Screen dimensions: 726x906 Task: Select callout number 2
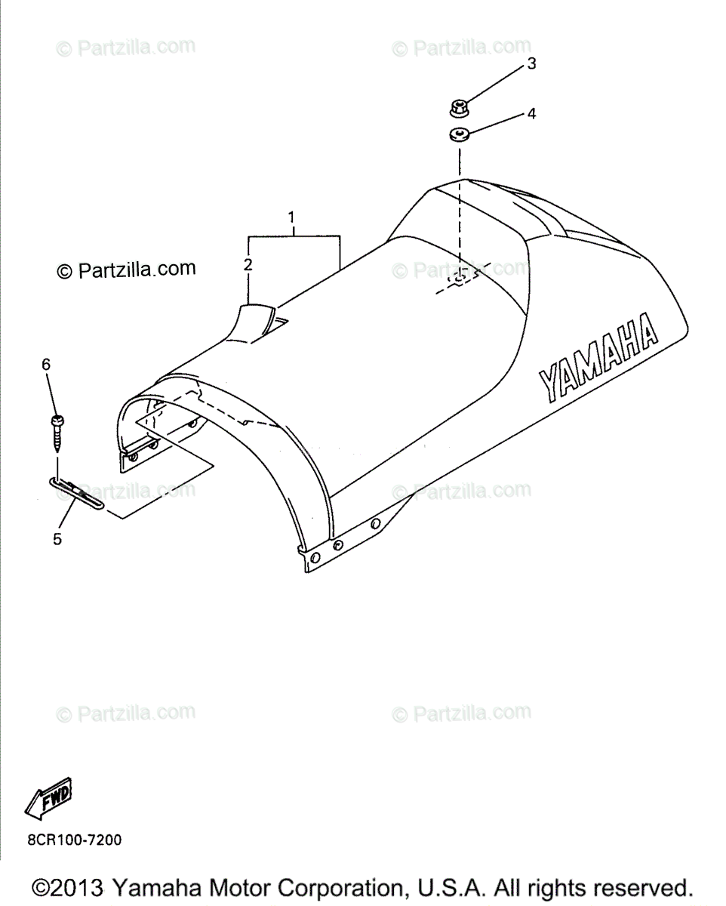point(248,264)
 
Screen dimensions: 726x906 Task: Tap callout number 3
point(531,63)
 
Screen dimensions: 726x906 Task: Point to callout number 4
point(531,114)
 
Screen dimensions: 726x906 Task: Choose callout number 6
point(46,364)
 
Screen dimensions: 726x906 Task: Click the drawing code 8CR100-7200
point(74,840)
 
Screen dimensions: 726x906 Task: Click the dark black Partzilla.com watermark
point(127,269)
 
